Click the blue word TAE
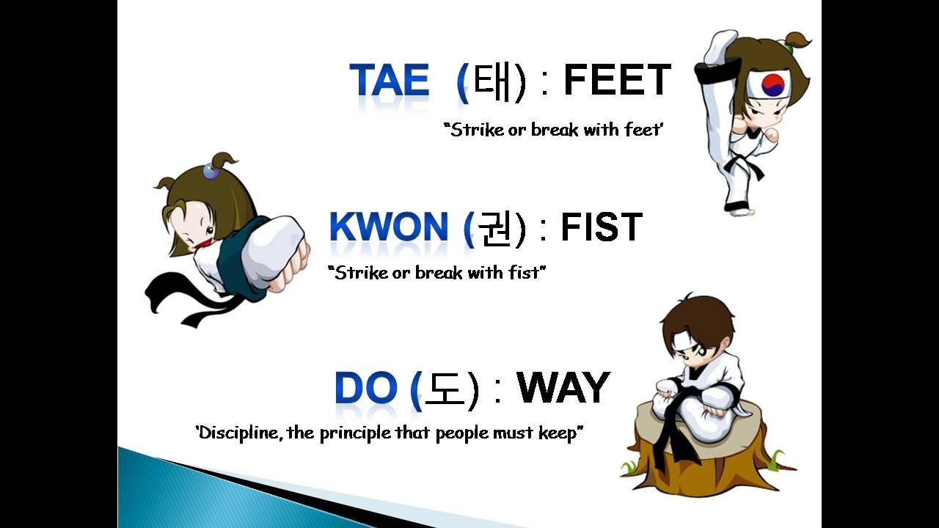(390, 80)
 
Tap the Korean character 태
(491, 80)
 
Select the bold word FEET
(618, 80)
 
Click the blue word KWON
(389, 226)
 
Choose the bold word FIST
(602, 227)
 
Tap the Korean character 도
(445, 388)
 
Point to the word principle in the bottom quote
(356, 433)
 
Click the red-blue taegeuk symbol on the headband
(773, 84)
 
